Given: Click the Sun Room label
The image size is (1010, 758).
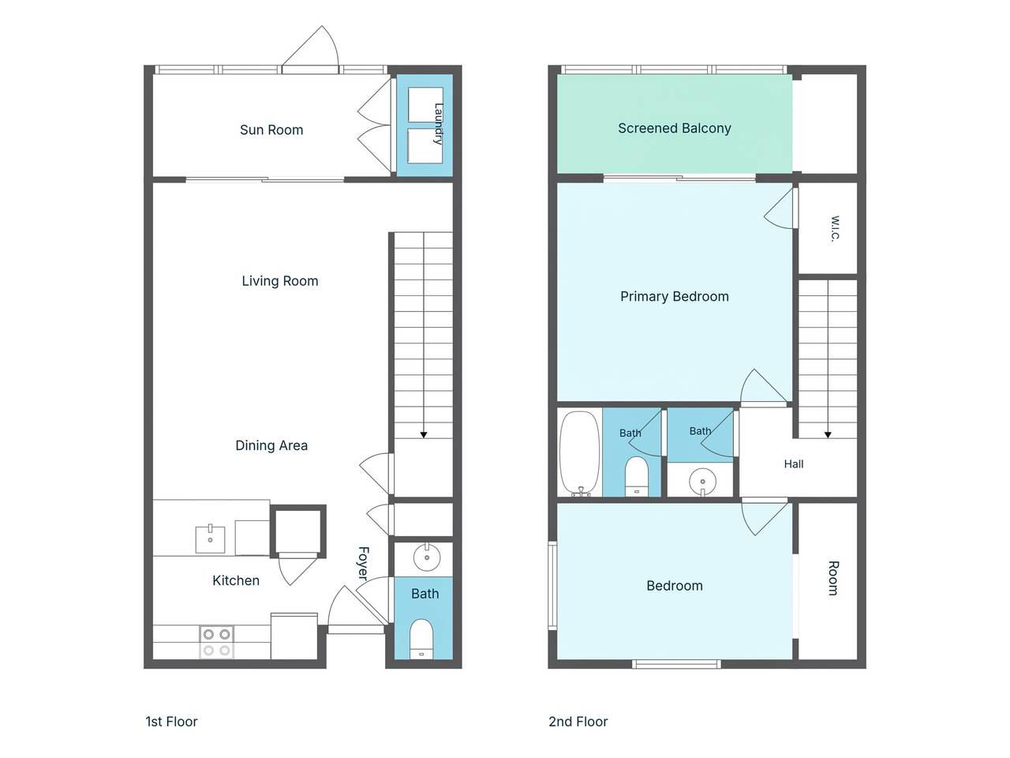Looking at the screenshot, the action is coord(271,129).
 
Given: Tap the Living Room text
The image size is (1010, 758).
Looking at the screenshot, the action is coord(280,281).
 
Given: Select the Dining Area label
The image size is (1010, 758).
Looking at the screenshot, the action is coord(271,445).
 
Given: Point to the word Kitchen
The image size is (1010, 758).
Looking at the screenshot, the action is coord(236,580).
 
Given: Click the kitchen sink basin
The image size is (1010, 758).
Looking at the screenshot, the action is coord(210,539).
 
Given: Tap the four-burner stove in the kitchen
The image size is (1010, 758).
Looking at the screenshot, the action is coord(217,642).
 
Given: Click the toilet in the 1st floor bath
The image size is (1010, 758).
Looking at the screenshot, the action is coord(421,640).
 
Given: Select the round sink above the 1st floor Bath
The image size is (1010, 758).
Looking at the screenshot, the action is coord(427,557).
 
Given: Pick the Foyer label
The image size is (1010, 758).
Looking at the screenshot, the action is coord(364,563).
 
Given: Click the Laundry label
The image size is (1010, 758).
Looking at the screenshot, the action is coord(439,124).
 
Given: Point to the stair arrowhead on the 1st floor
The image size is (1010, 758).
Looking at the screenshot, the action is coord(423,435).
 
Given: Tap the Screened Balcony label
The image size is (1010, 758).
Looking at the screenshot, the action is coord(674,128).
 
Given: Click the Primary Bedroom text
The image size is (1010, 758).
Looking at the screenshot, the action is coord(674,296).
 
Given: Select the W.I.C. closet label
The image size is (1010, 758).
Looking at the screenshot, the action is coord(836,228).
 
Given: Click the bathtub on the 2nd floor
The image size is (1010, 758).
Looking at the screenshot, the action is coord(580,454).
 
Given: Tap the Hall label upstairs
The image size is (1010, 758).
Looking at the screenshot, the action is coord(794,464).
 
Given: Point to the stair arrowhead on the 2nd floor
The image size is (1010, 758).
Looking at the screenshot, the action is coord(827,435).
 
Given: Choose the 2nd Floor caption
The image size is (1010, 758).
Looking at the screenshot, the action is coord(578,722).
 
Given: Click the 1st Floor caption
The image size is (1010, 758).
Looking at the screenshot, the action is coord(171,722).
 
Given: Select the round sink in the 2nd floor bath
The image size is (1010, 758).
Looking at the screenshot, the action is coord(702,482).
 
